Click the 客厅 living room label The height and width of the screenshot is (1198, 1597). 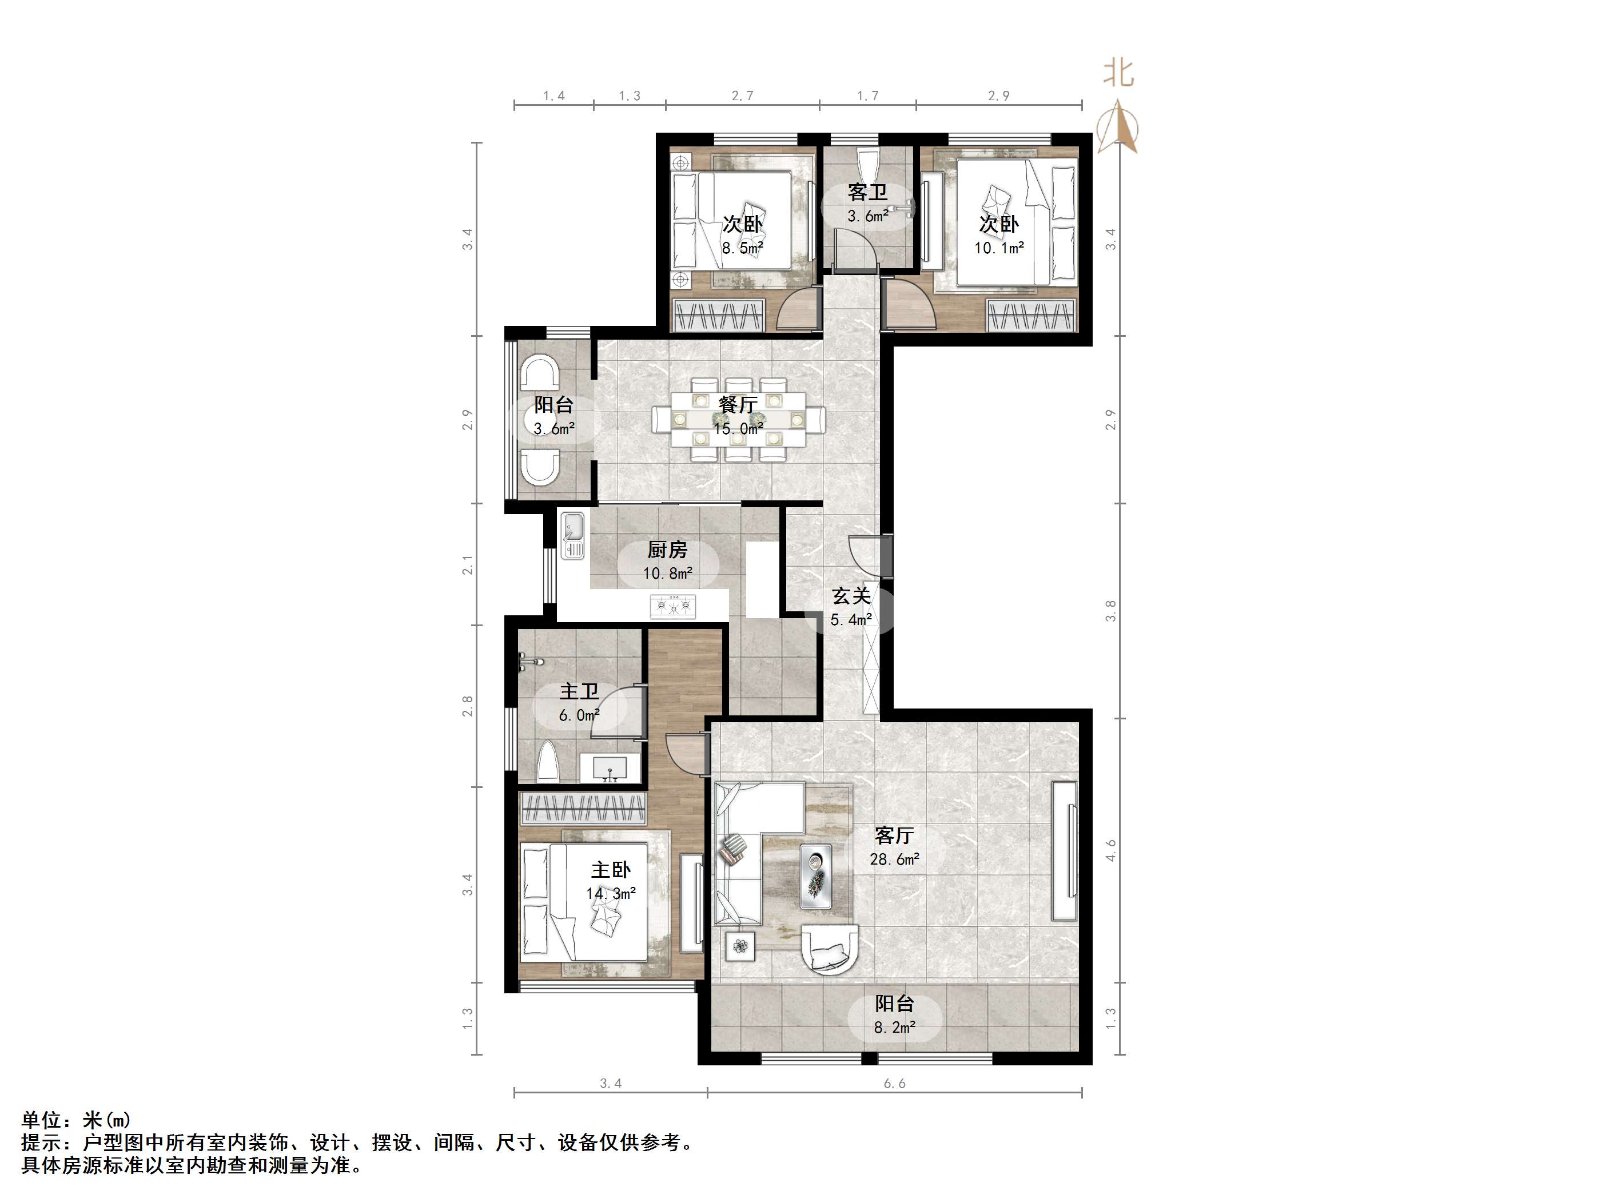[894, 835]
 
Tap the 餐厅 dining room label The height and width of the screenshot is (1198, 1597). [737, 404]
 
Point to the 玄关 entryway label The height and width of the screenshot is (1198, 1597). [851, 596]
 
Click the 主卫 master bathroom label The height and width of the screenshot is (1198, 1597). [579, 692]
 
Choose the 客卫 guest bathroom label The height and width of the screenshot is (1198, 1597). [867, 193]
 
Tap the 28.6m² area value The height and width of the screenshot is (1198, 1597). [894, 859]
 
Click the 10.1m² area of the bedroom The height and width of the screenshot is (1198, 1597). [998, 248]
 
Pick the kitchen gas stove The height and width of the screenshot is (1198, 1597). [673, 605]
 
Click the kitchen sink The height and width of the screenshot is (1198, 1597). [574, 535]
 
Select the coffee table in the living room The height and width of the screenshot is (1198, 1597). [816, 876]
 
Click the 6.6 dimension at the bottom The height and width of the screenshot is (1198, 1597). [894, 1083]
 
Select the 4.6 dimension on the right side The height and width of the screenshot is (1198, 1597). [1110, 850]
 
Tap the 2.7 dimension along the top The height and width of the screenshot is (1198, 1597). [742, 96]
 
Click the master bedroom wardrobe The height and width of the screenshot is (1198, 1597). [582, 808]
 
